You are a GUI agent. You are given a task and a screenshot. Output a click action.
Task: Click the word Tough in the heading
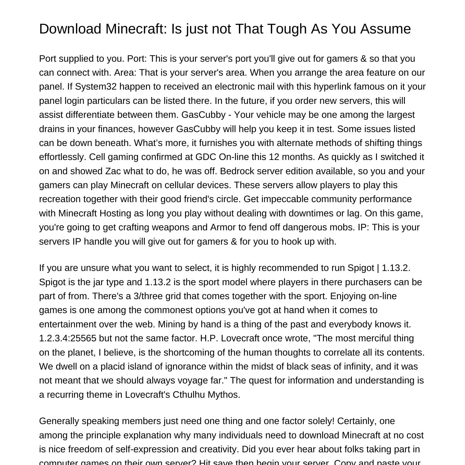coord(286,29)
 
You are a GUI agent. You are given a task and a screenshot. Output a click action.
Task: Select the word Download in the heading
coord(70,29)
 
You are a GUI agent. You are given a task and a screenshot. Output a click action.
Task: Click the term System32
coord(96,86)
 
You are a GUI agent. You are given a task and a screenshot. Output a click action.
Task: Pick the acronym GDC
coord(206,157)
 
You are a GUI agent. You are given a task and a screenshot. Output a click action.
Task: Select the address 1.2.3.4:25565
coord(68,338)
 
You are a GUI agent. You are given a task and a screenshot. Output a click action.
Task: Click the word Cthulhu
coord(189,395)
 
